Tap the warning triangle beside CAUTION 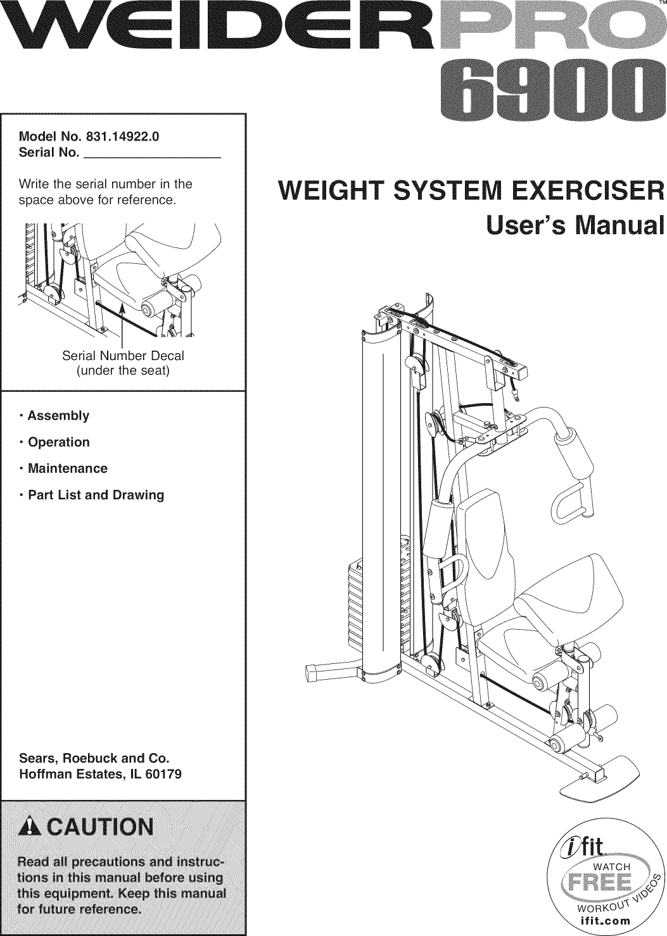30,827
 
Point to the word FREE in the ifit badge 595,882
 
